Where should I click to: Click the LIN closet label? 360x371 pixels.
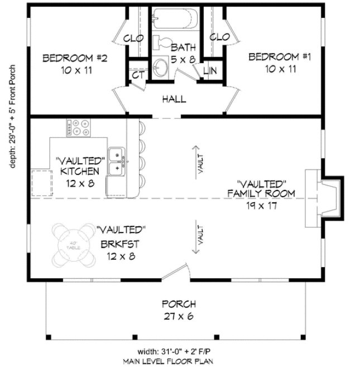point(210,70)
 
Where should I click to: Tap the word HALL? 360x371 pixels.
point(174,99)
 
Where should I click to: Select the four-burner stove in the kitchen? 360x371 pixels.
point(78,128)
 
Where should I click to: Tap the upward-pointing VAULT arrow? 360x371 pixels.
point(196,160)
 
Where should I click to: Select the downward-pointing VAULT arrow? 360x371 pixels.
point(196,237)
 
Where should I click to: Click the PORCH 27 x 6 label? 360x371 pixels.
point(179,311)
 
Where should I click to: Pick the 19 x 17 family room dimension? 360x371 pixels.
point(261,205)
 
